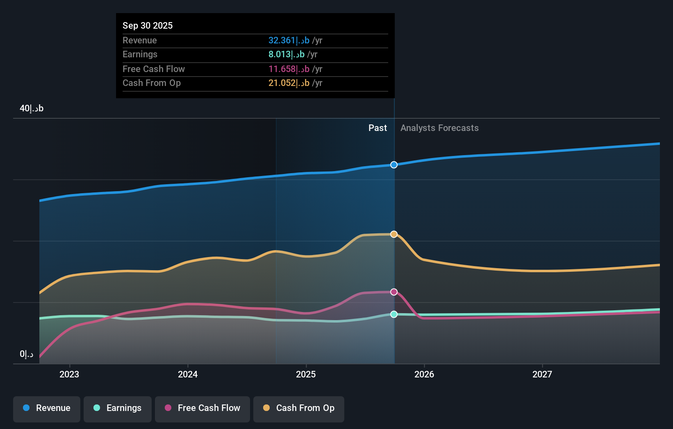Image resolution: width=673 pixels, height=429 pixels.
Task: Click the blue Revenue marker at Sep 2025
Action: pyautogui.click(x=394, y=165)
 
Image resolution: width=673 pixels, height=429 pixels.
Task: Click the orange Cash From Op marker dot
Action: pyautogui.click(x=394, y=234)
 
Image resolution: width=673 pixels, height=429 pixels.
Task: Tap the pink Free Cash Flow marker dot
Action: pyautogui.click(x=394, y=292)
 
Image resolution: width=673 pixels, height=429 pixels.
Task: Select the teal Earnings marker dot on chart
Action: pyautogui.click(x=394, y=314)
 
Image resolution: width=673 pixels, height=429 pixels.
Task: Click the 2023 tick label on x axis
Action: pyautogui.click(x=69, y=374)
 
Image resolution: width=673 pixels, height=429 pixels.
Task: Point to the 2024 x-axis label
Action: pyautogui.click(x=188, y=374)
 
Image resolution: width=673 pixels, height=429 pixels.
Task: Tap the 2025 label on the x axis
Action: pyautogui.click(x=306, y=374)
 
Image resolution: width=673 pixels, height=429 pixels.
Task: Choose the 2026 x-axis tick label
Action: pyautogui.click(x=424, y=374)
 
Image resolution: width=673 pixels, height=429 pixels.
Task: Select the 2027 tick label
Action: pyautogui.click(x=542, y=374)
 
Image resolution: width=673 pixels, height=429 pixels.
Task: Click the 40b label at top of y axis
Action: pyautogui.click(x=32, y=108)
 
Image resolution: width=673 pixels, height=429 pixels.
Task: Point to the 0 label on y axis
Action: pyautogui.click(x=27, y=354)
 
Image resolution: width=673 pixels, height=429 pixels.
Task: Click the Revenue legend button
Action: pyautogui.click(x=47, y=408)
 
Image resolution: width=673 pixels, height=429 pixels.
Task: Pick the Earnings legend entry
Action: pyautogui.click(x=118, y=408)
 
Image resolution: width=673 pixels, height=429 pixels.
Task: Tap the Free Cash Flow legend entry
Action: pyautogui.click(x=202, y=408)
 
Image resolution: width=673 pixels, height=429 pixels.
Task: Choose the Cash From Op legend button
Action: pyautogui.click(x=299, y=408)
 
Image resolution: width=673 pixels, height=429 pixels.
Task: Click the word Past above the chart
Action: pyautogui.click(x=377, y=128)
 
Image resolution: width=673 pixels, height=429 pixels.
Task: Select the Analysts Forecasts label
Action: pyautogui.click(x=439, y=128)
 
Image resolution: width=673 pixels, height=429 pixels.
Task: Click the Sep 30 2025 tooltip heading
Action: pyautogui.click(x=148, y=25)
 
